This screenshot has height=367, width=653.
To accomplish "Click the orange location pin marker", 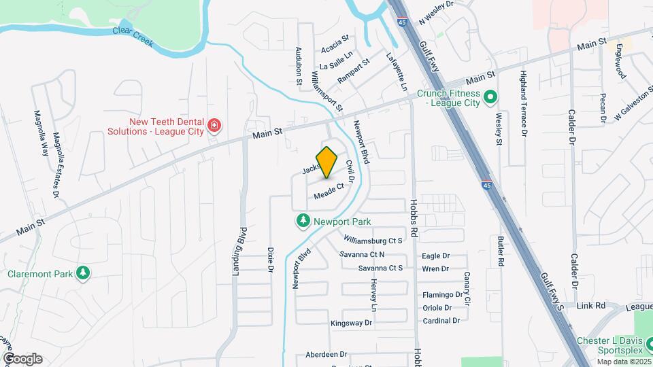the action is click(x=327, y=162).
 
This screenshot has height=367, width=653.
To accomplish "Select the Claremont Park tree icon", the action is click(x=83, y=273).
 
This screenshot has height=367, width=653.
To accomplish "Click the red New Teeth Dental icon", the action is click(x=214, y=125).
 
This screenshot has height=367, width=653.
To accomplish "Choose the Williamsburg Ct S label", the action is click(x=373, y=241).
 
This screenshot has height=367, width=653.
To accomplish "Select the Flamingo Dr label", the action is click(x=442, y=295).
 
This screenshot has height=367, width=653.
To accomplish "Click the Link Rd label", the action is click(x=590, y=306).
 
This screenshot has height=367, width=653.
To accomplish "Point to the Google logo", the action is click(x=22, y=358).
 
